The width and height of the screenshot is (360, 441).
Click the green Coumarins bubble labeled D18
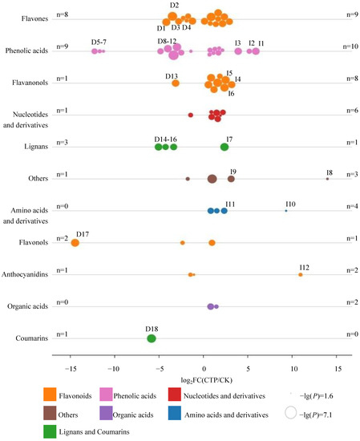coord(152,338)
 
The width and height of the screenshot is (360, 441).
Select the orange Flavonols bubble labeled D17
coord(75,243)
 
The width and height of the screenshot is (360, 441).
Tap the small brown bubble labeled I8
coord(327,179)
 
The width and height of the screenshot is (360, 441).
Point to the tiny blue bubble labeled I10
coord(286,211)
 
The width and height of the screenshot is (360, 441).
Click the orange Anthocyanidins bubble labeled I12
coord(301,275)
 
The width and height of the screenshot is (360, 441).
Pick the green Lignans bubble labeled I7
coord(224,147)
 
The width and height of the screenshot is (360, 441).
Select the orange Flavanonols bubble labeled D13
coord(176,83)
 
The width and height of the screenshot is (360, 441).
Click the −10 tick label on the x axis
coord(114,369)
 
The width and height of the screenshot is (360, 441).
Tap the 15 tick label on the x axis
coord(338,369)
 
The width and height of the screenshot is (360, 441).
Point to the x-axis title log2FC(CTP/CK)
coord(206,380)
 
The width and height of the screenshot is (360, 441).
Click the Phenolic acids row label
coord(26,51)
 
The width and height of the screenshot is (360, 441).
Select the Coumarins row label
coord(32,338)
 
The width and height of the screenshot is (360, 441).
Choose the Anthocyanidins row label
coord(25,274)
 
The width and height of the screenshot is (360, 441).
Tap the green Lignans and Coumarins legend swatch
coord(50,431)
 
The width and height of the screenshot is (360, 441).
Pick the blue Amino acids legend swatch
coord(174,413)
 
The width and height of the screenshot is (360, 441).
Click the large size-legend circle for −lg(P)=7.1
coord(290,413)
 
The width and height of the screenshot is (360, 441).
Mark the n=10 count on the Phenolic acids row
coord(350,47)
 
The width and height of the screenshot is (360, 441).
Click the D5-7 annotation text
coord(99,42)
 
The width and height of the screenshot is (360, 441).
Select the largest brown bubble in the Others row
coord(212,179)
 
